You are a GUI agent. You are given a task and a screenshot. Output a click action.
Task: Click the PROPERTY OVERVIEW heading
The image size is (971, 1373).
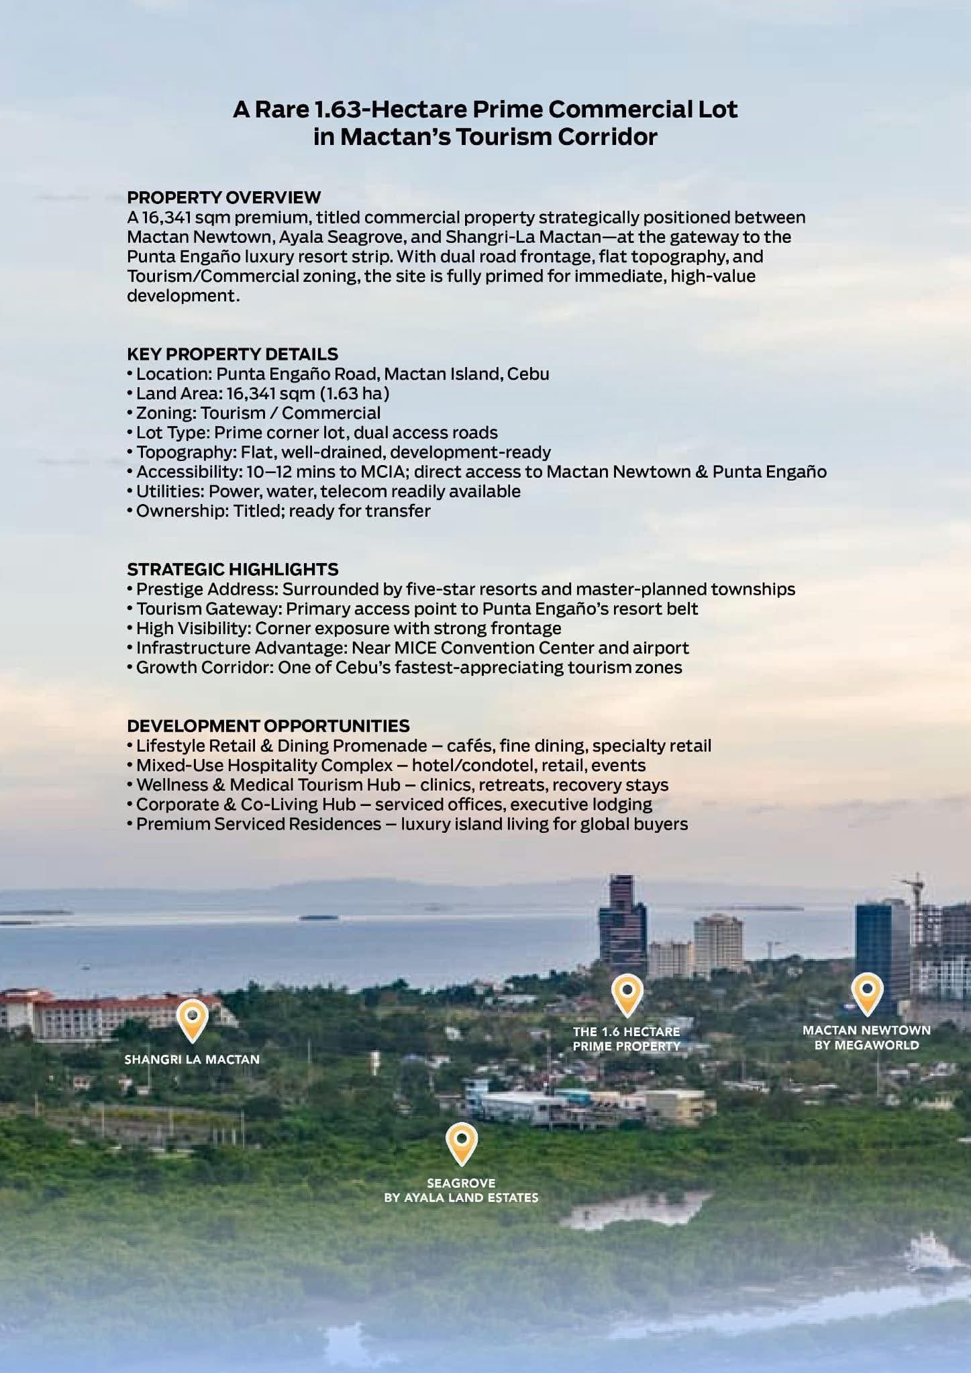coord(223,197)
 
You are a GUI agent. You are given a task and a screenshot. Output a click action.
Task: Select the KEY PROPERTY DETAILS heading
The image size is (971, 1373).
coord(232,354)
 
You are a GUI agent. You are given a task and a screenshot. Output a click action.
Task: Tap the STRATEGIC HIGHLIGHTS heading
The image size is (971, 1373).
coord(232,569)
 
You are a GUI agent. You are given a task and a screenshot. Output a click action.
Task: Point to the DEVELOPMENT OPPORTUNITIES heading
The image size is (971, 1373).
coord(268,725)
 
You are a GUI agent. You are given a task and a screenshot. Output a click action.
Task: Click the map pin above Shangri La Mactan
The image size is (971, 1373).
coord(192,1019)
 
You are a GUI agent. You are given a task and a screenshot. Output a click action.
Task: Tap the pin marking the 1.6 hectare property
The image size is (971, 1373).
coord(627,993)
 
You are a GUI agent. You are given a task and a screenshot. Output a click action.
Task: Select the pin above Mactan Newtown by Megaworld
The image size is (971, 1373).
coord(866,992)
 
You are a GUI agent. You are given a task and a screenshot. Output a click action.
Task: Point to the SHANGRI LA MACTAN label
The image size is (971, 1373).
coord(192,1059)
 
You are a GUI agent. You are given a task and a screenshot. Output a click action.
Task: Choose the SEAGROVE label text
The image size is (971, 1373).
coord(461,1183)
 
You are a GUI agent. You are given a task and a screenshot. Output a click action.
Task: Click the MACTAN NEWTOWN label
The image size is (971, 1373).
coord(866,1030)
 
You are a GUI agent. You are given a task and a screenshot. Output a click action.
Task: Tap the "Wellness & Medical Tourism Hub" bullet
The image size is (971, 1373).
coord(268,784)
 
